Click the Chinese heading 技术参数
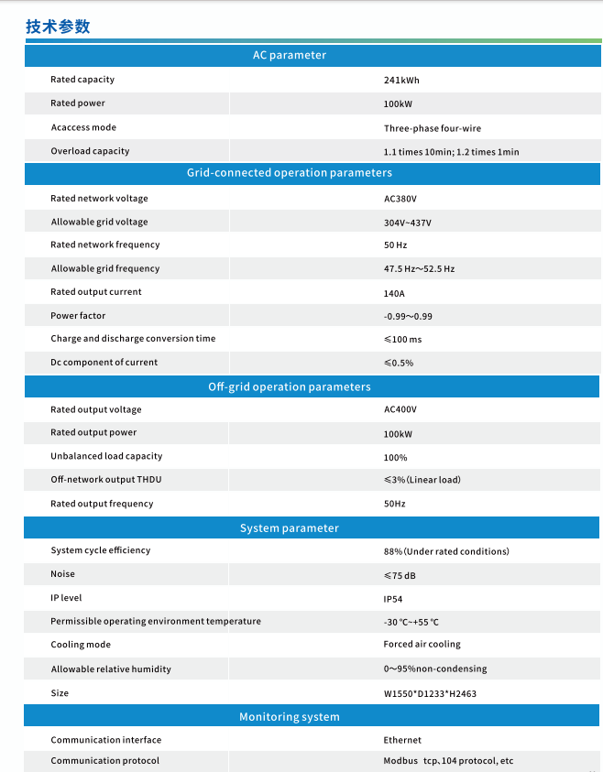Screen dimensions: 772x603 coord(58,27)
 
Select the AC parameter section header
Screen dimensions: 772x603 coord(289,55)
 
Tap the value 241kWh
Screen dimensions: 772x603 coord(401,81)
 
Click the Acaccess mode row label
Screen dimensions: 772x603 coord(83,127)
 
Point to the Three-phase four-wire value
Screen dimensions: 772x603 coord(432,128)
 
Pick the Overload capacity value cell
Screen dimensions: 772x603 coord(451,152)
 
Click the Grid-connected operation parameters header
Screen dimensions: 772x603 coord(289,172)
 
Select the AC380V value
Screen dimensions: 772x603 coord(400,199)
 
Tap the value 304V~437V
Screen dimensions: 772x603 coord(407,223)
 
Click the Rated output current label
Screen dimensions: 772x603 coord(96,292)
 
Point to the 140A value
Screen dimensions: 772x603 coord(394,294)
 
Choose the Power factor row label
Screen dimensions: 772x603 coord(78,316)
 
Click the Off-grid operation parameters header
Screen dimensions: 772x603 coord(289,386)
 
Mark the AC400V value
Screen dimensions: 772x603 coord(400,410)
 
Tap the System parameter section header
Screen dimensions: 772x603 coord(289,528)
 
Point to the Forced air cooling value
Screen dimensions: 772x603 coord(422,645)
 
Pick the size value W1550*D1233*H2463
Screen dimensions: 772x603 coord(430,694)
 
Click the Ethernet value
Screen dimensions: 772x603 coord(402,740)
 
